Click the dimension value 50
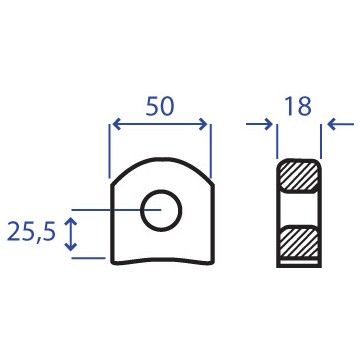click(160, 107)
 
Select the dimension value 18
click(298, 107)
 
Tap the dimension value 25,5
click(31, 231)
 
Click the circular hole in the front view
click(161, 210)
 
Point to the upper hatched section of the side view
click(299, 176)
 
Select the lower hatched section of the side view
click(299, 242)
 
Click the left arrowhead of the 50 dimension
click(116, 124)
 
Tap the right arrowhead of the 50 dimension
click(203, 124)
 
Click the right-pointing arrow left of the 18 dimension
click(259, 124)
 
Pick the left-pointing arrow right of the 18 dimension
click(340, 124)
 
